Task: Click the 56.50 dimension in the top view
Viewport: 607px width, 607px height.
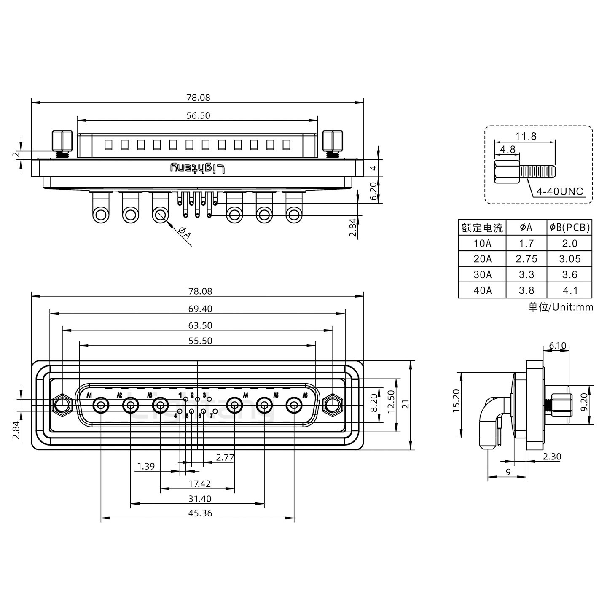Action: (198, 115)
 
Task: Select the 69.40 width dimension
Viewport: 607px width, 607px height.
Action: (200, 309)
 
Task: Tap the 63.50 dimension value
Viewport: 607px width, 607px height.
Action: (200, 325)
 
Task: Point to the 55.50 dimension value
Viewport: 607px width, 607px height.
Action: (200, 341)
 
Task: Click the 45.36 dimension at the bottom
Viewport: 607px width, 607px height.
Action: (200, 513)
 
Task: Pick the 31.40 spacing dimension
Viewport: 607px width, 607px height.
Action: (200, 499)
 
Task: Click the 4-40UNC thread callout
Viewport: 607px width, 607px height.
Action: (559, 191)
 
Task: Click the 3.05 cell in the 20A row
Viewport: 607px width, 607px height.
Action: (569, 259)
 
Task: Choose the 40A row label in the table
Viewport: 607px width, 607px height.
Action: (482, 290)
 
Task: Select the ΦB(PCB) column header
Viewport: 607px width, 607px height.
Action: (569, 228)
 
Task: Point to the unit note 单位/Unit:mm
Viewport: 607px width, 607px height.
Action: (561, 307)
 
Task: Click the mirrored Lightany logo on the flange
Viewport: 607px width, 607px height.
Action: (198, 168)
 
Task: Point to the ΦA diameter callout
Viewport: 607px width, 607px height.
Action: (185, 233)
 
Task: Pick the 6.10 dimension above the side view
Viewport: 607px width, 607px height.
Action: (557, 346)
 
